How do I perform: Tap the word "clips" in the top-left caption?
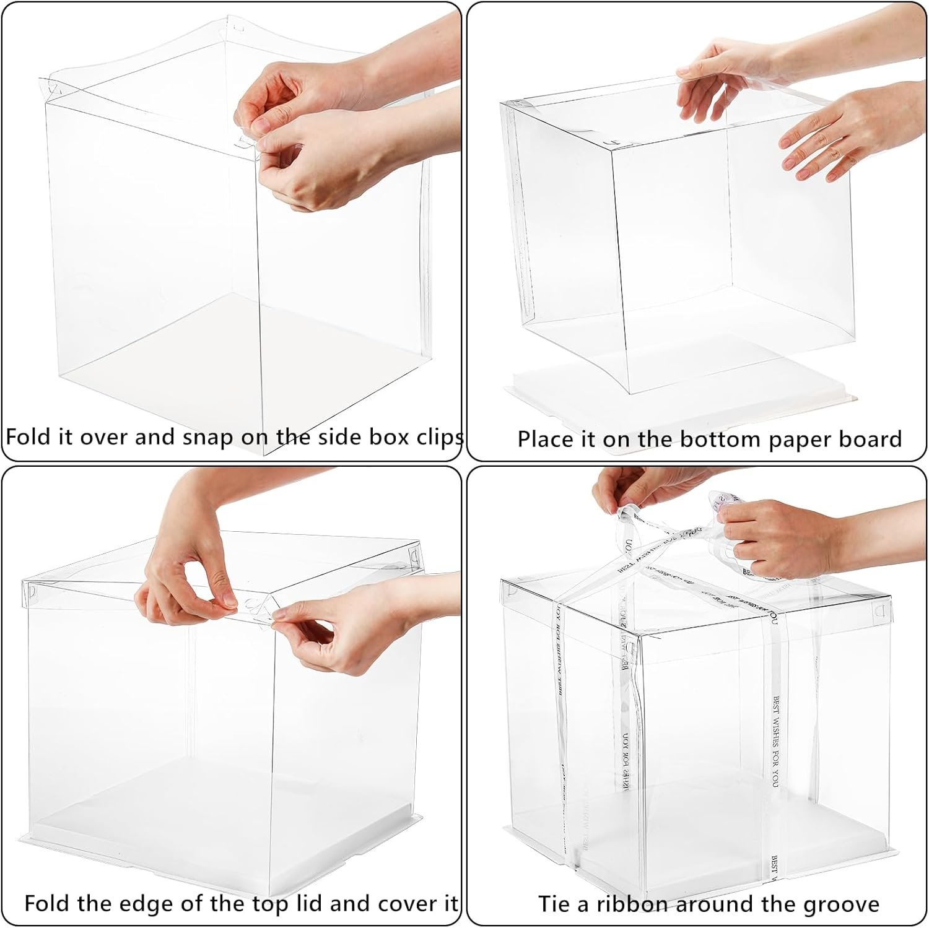pos(441,438)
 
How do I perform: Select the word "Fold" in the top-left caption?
pos(27,437)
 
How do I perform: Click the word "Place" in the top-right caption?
pos(545,440)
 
